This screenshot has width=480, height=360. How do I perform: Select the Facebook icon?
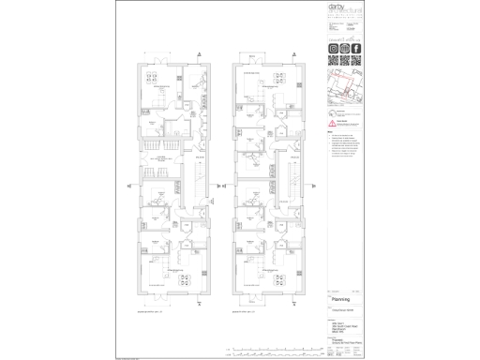pyautogui.click(x=356, y=48)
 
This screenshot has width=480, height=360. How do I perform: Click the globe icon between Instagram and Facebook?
pyautogui.click(x=344, y=48)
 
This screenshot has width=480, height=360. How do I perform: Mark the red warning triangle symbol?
pyautogui.click(x=329, y=121)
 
